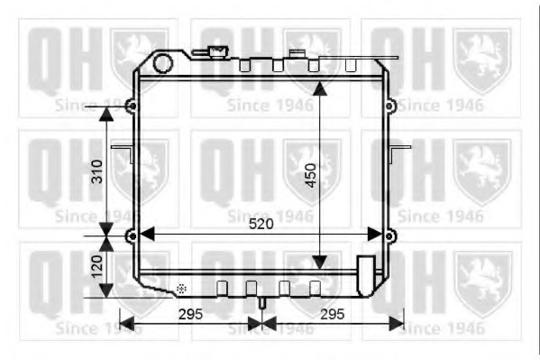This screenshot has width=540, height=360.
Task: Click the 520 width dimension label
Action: [x=261, y=224]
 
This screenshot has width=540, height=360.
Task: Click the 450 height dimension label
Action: [x=311, y=176]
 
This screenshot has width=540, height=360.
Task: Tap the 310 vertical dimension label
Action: [x=97, y=171]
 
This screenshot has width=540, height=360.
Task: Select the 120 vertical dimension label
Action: [x=97, y=266]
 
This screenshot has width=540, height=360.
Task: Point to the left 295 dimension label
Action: [x=190, y=314]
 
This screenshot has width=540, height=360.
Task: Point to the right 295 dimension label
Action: [x=333, y=314]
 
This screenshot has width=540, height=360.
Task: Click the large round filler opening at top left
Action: [x=162, y=63]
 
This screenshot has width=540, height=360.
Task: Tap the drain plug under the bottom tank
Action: [x=262, y=303]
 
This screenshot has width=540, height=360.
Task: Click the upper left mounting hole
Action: [x=132, y=106]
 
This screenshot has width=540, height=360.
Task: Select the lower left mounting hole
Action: [x=132, y=236]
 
